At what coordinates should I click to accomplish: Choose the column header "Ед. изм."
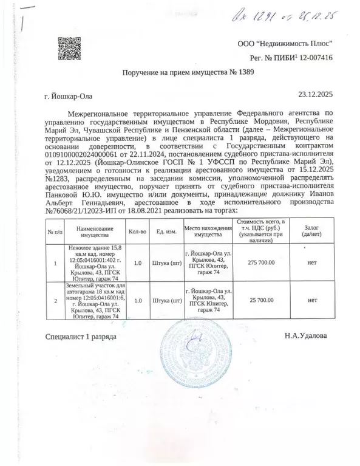click(x=166, y=233)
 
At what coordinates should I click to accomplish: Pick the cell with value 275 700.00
click(x=260, y=263)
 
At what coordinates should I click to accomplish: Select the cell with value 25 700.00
click(x=260, y=300)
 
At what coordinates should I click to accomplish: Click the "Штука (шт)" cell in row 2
click(x=166, y=300)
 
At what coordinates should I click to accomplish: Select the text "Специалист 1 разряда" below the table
click(x=81, y=336)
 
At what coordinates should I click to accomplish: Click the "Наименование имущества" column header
click(x=92, y=233)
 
